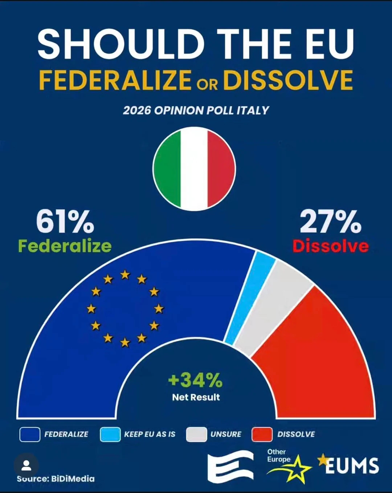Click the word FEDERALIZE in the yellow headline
click(x=115, y=80)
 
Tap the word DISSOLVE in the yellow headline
click(x=288, y=80)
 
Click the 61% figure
click(x=65, y=221)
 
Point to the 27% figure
click(x=330, y=221)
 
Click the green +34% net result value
click(x=195, y=380)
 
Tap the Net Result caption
click(x=196, y=397)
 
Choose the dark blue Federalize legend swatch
click(x=30, y=435)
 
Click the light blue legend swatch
click(x=110, y=435)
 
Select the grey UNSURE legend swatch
click(x=196, y=435)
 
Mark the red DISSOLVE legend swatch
click(x=262, y=435)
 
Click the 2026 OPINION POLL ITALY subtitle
click(x=196, y=110)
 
